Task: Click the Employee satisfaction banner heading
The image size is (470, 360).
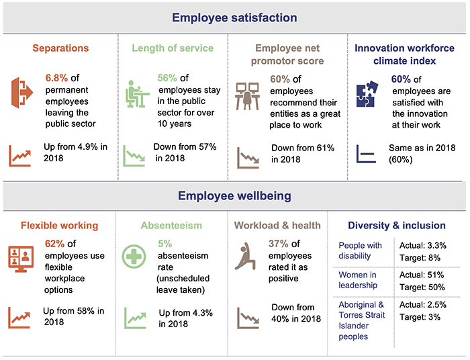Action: (234, 18)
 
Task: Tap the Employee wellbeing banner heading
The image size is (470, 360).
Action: (234, 196)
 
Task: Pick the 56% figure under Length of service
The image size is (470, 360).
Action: (168, 79)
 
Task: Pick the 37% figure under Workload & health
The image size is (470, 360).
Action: (280, 244)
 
